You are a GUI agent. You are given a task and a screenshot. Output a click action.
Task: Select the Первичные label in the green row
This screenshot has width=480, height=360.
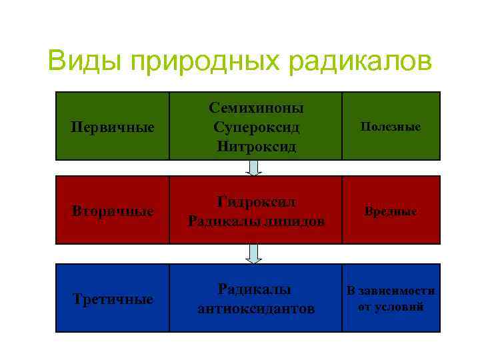[x=113, y=127]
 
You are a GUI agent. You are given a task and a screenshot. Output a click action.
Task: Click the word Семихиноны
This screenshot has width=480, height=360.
[x=257, y=107]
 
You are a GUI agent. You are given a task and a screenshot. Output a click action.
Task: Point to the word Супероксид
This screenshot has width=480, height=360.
[x=257, y=126]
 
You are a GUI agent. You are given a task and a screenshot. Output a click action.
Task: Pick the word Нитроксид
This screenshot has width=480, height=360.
[x=257, y=145]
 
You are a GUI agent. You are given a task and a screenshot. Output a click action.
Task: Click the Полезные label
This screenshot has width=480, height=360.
[x=391, y=126]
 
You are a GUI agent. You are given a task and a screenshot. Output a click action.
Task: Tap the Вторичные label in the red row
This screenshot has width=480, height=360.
[x=113, y=211]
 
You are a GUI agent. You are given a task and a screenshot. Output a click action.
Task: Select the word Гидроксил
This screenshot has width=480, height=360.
[x=257, y=202]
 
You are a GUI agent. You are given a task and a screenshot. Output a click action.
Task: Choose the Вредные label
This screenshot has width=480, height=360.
[x=391, y=211]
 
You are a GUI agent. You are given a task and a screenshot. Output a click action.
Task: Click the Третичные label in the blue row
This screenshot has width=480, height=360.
[x=113, y=299]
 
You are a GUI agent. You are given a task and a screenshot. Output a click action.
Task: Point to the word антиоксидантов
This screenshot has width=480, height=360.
[x=257, y=309]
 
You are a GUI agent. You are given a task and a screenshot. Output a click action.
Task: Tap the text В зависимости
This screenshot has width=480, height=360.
[x=391, y=291]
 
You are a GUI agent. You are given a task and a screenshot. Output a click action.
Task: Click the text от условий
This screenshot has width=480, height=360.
[x=391, y=307]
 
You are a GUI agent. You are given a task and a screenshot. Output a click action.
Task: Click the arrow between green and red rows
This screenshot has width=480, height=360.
[x=254, y=167]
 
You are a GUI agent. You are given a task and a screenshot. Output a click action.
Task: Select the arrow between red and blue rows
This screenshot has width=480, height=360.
[x=254, y=253]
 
